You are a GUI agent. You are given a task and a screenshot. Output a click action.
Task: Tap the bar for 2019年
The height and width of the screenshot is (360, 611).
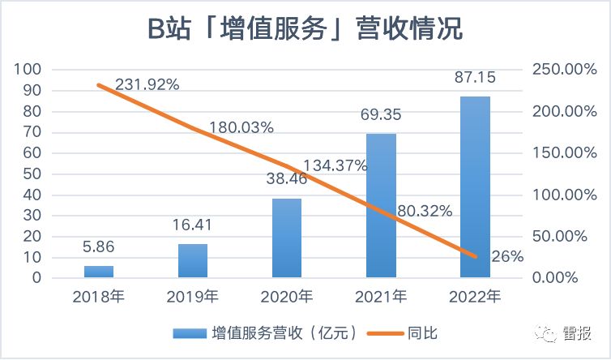[x=193, y=260]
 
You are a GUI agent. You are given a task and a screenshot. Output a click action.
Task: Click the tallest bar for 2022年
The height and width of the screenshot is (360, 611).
[x=475, y=186]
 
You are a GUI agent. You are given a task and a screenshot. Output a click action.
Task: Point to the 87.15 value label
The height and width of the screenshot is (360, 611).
[x=475, y=79]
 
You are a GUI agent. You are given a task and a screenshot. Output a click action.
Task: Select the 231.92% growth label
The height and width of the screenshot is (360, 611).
[x=147, y=84]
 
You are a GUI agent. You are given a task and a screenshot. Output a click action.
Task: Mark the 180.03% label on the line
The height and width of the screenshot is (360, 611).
[x=241, y=127]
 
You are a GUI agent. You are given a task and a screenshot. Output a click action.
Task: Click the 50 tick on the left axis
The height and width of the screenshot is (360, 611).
[x=32, y=174]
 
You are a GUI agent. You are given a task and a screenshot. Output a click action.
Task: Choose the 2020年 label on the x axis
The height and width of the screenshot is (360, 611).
[x=287, y=297]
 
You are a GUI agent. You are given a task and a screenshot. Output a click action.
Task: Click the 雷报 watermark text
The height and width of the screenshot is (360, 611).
[x=576, y=334]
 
